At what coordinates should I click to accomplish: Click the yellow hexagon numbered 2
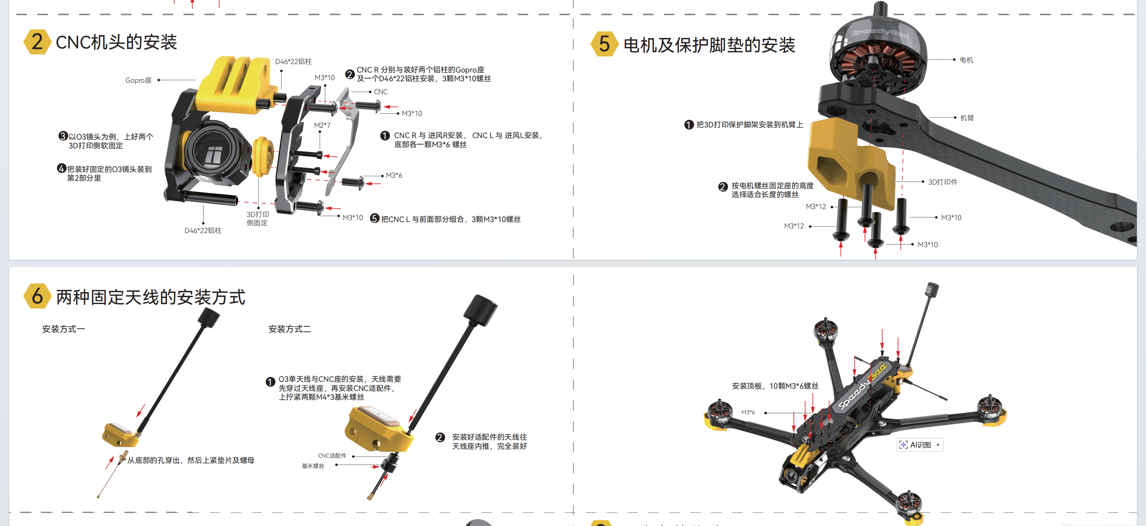[37, 42]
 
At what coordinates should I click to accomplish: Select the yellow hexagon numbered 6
[37, 296]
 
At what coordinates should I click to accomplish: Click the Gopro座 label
[138, 80]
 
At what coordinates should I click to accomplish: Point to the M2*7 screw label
[322, 125]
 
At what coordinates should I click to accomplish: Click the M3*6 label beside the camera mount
[394, 175]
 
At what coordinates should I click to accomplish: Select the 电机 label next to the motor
[966, 60]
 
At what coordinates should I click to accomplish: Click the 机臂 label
[967, 117]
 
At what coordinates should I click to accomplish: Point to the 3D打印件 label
[943, 182]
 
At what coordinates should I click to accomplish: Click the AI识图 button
[920, 445]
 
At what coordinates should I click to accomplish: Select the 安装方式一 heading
[63, 329]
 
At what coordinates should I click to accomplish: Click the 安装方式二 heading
[290, 329]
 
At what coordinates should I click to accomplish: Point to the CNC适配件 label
[332, 456]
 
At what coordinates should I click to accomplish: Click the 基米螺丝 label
[313, 466]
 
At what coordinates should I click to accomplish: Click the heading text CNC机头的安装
[116, 42]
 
